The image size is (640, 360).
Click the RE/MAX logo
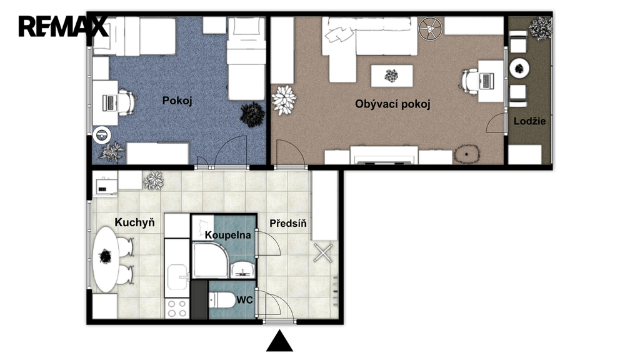[63, 26]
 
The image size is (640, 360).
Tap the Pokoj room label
[177, 101]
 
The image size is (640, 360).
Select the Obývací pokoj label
[392, 104]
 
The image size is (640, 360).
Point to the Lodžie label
[529, 121]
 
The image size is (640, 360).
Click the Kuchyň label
[135, 222]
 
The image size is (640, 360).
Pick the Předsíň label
[288, 223]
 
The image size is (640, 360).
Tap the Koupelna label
[227, 235]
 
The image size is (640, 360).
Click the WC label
[244, 301]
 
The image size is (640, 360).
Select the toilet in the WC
[221, 301]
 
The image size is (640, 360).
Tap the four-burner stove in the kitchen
[177, 309]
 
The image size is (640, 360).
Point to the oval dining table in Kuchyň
[106, 259]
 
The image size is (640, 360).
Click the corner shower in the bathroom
[211, 260]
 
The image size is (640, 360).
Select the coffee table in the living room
[392, 76]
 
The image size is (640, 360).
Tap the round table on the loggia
[519, 68]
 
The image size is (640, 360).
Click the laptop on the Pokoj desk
[109, 102]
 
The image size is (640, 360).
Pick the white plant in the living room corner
[284, 100]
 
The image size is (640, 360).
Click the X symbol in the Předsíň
[323, 253]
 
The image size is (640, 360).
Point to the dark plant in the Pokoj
[252, 115]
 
